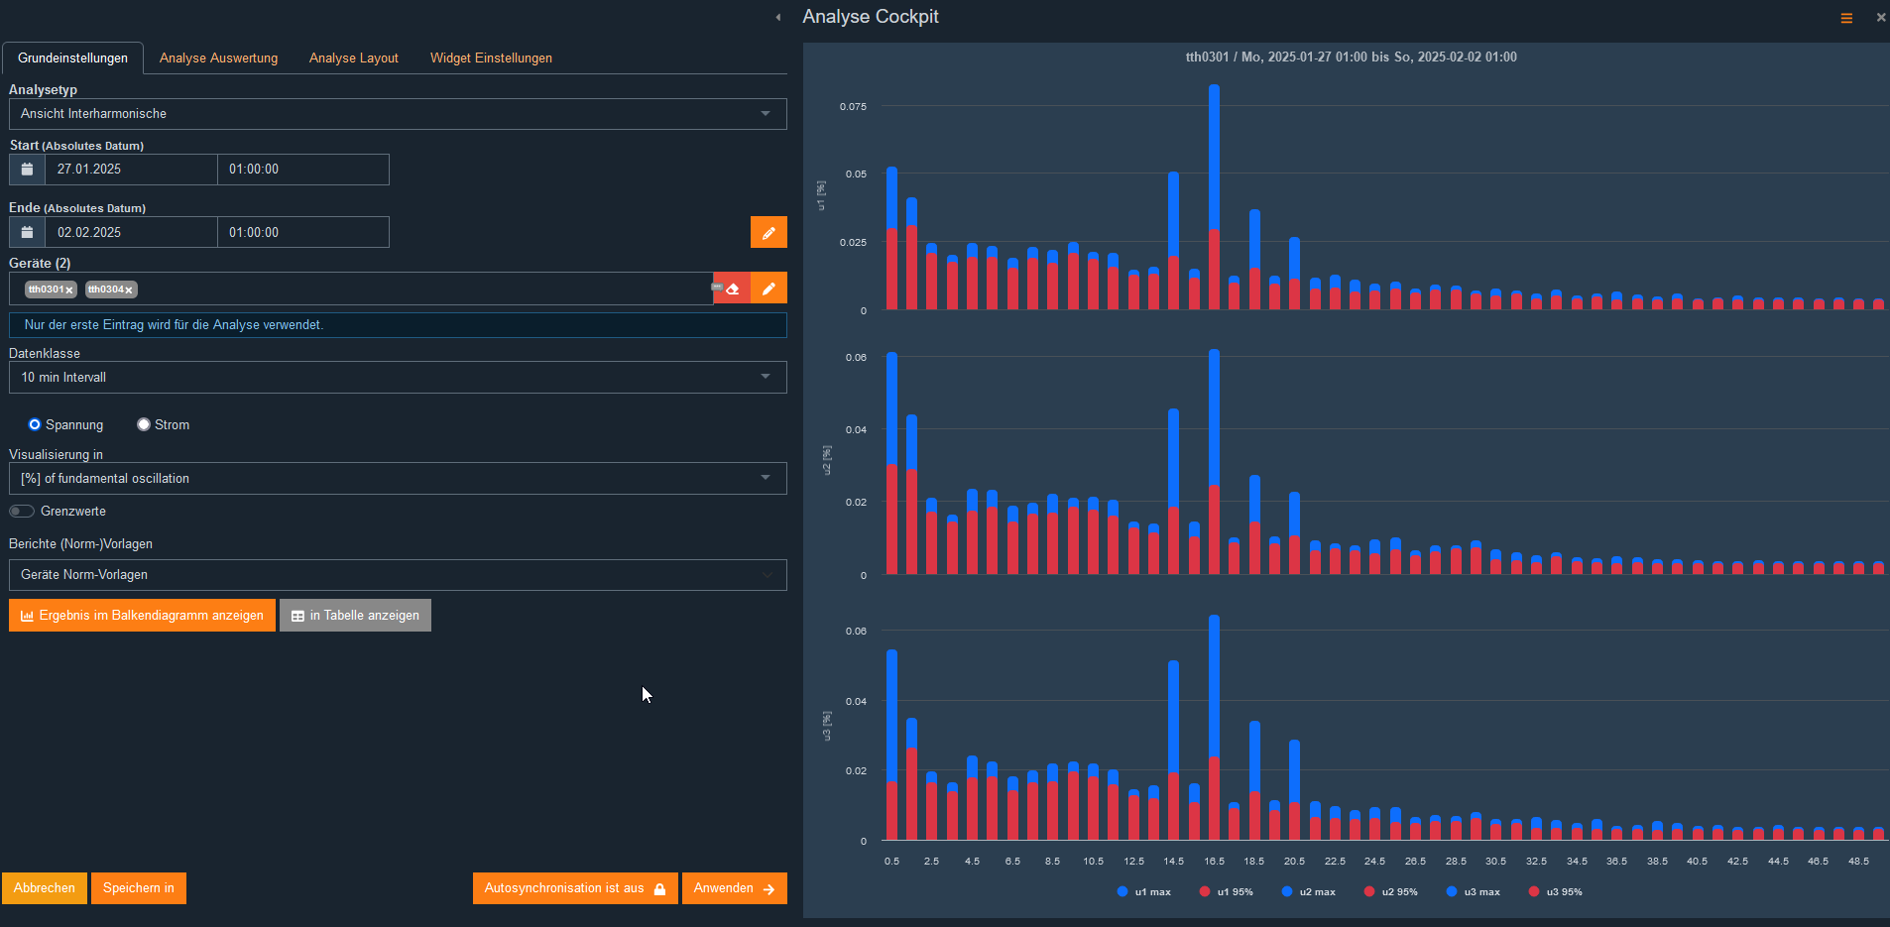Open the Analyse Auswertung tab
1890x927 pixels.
pos(218,58)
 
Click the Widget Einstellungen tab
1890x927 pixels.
pos(491,58)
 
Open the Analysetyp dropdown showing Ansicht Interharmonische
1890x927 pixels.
pos(397,114)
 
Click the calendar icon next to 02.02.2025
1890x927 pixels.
pos(27,232)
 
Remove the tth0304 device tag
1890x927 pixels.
pos(129,290)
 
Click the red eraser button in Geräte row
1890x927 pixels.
pos(733,289)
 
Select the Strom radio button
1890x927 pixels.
pos(144,424)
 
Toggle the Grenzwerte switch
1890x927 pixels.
pos(22,512)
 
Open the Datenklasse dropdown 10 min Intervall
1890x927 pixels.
pos(397,378)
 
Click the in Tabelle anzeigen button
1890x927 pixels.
pos(355,616)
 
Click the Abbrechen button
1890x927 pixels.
pos(45,888)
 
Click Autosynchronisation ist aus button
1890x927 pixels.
pos(574,888)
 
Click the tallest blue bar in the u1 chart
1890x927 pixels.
pos(1214,149)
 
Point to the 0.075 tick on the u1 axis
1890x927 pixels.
pos(853,106)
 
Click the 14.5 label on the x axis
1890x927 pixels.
pos(1173,862)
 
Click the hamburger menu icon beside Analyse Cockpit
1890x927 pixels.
pos(1846,18)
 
